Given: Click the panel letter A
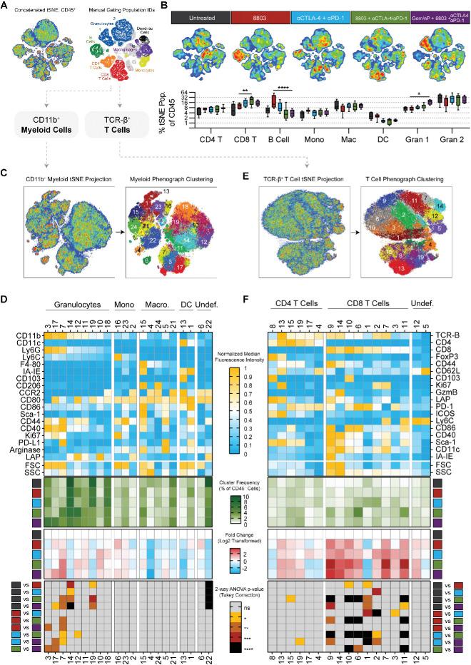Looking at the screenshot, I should coord(5,6).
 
